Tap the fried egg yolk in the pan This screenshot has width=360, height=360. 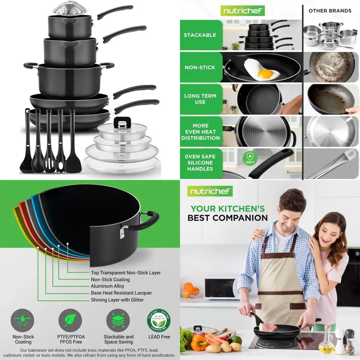click(266, 74)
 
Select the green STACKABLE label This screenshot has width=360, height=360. click(200, 35)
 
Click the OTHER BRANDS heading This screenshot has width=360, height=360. click(330, 11)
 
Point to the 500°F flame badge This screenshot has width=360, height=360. click(249, 157)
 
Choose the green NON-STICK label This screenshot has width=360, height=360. click(200, 67)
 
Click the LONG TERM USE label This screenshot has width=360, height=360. click(200, 99)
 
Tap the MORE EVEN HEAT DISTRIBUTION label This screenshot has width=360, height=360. click(200, 131)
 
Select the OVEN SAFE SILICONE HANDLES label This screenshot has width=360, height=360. click(200, 163)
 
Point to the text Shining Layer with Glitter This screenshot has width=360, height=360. click(117, 300)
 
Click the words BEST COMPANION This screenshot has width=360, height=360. click(228, 218)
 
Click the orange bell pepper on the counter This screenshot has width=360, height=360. click(199, 342)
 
